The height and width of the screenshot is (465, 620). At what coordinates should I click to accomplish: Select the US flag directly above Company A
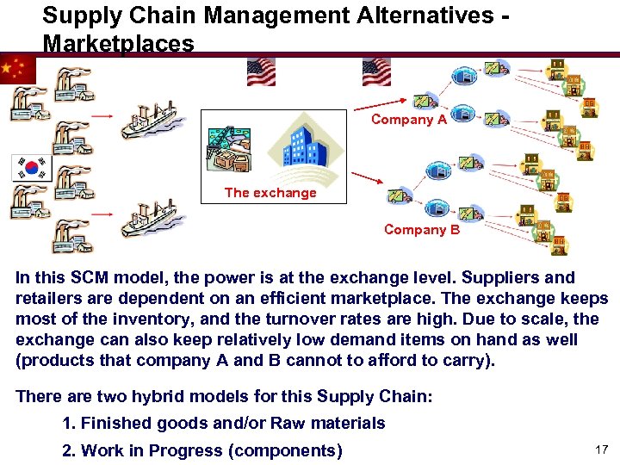(x=376, y=71)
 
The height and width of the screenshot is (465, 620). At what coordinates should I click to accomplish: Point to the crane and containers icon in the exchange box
(x=229, y=147)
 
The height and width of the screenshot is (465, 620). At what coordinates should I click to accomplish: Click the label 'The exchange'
(x=270, y=193)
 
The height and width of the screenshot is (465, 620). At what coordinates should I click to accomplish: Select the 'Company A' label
(x=408, y=120)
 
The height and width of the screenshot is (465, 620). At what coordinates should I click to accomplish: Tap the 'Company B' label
(x=421, y=230)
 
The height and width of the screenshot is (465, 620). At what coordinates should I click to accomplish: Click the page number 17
(x=600, y=449)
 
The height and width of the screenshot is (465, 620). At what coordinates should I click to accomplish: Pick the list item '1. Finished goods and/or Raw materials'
(x=224, y=423)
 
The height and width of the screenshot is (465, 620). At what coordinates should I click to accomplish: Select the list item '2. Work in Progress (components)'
(x=202, y=450)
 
